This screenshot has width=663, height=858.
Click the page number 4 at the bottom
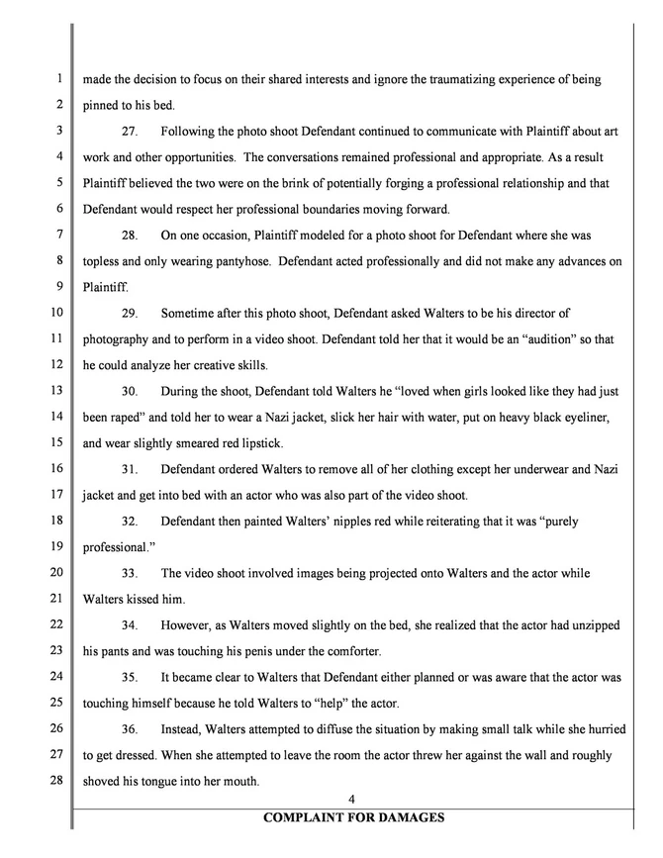point(351,800)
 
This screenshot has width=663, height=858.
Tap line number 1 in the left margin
point(59,79)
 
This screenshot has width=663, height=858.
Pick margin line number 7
point(59,235)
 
